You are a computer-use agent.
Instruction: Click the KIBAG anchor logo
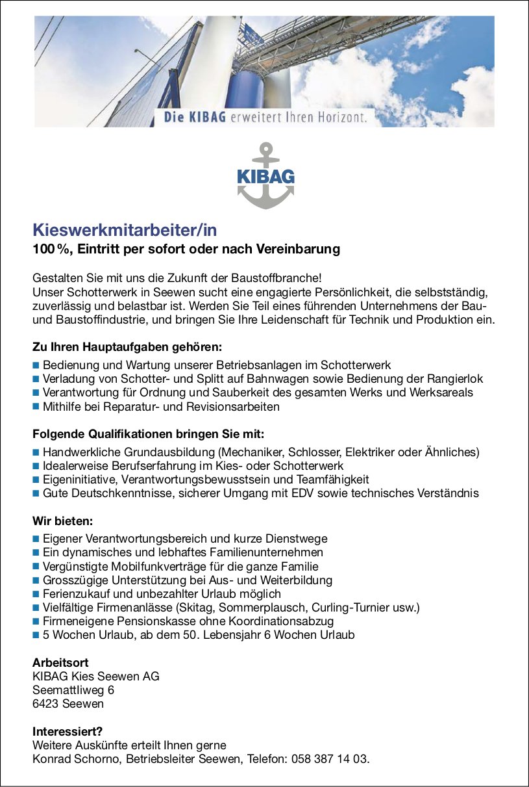[x=264, y=175]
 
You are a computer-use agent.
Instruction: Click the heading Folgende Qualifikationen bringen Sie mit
[x=149, y=433]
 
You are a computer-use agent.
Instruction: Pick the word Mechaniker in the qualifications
[x=251, y=452]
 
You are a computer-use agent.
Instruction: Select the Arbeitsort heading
[x=60, y=663]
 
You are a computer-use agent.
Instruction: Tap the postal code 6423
[x=46, y=704]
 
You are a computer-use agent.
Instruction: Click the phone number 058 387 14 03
[x=332, y=759]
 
